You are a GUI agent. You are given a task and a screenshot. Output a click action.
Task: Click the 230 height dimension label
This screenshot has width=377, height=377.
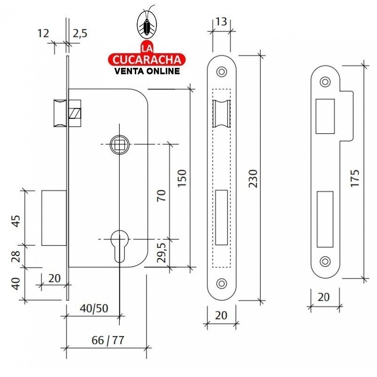click(253, 179)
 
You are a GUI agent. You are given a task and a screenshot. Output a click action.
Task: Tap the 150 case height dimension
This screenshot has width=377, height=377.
click(182, 178)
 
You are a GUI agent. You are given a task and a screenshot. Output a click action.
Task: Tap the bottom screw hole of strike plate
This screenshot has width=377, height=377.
click(324, 261)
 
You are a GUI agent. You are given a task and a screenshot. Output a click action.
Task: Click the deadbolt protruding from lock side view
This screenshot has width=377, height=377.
click(53, 218)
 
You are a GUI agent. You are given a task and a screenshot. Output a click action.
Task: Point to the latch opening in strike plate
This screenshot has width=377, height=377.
click(324, 115)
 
